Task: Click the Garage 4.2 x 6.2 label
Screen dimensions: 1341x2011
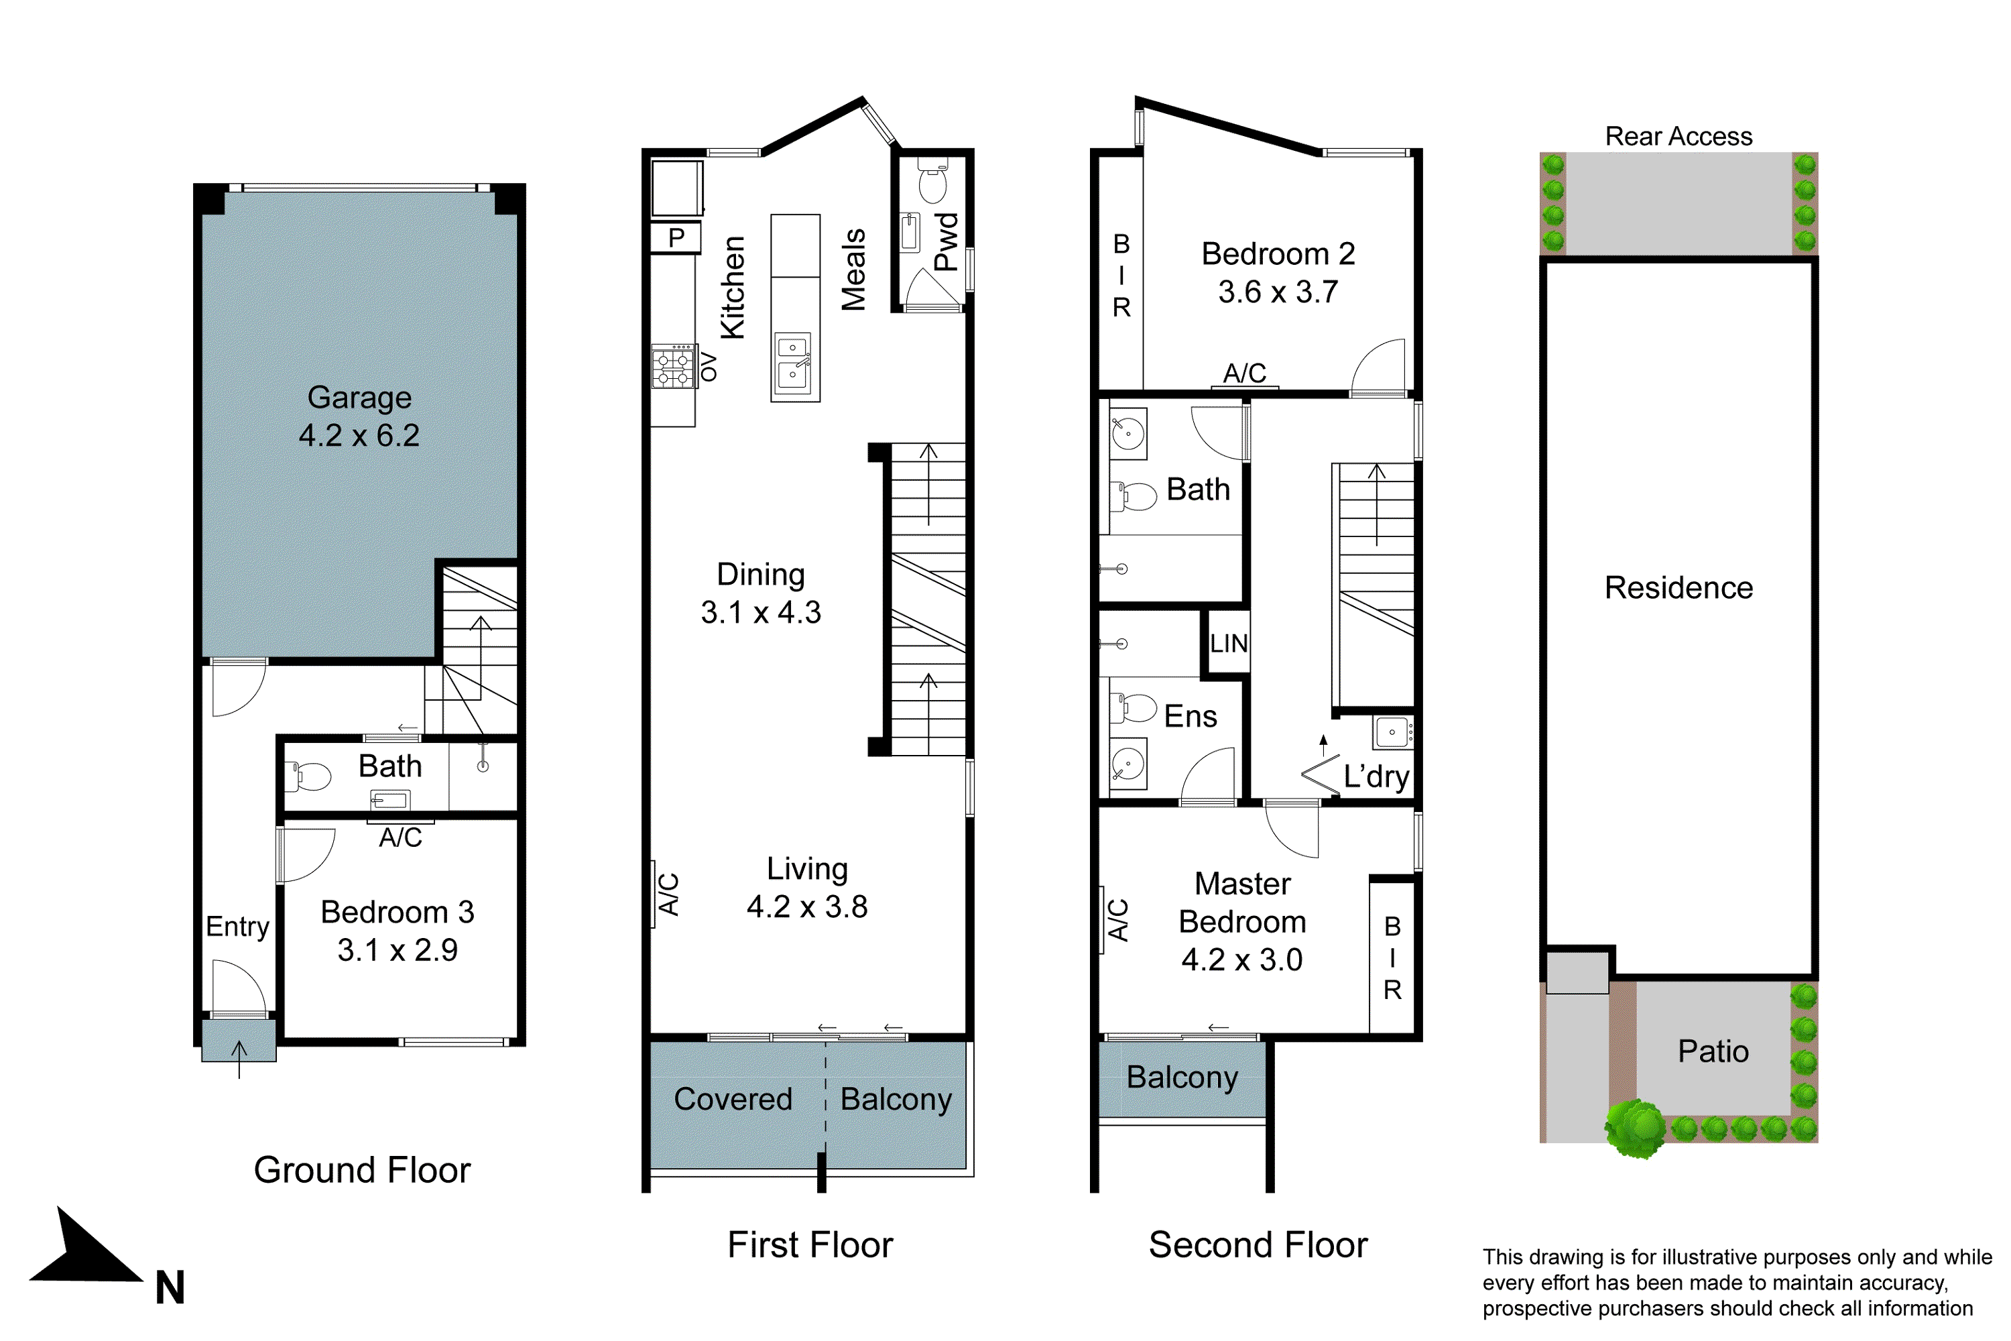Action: (x=359, y=416)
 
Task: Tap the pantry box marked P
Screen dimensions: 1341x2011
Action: (x=676, y=237)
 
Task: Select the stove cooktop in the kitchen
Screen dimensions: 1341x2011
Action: (x=673, y=367)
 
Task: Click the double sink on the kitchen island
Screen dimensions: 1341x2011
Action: (x=792, y=363)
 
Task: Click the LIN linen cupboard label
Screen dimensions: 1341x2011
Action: (x=1228, y=643)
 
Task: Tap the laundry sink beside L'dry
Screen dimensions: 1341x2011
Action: (x=1393, y=732)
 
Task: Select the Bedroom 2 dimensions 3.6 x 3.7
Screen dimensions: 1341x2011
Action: (x=1278, y=292)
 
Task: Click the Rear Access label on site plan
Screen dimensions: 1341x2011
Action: (x=1678, y=136)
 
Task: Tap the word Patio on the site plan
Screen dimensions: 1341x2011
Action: (x=1713, y=1051)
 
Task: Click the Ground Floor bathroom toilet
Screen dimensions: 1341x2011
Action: (x=311, y=776)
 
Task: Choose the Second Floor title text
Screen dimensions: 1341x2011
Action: (x=1257, y=1244)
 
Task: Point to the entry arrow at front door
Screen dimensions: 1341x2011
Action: (x=239, y=1059)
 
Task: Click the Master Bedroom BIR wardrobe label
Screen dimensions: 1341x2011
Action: (x=1392, y=958)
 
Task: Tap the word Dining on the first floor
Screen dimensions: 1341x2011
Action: (x=760, y=574)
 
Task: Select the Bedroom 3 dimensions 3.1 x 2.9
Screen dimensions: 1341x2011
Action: (x=398, y=950)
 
